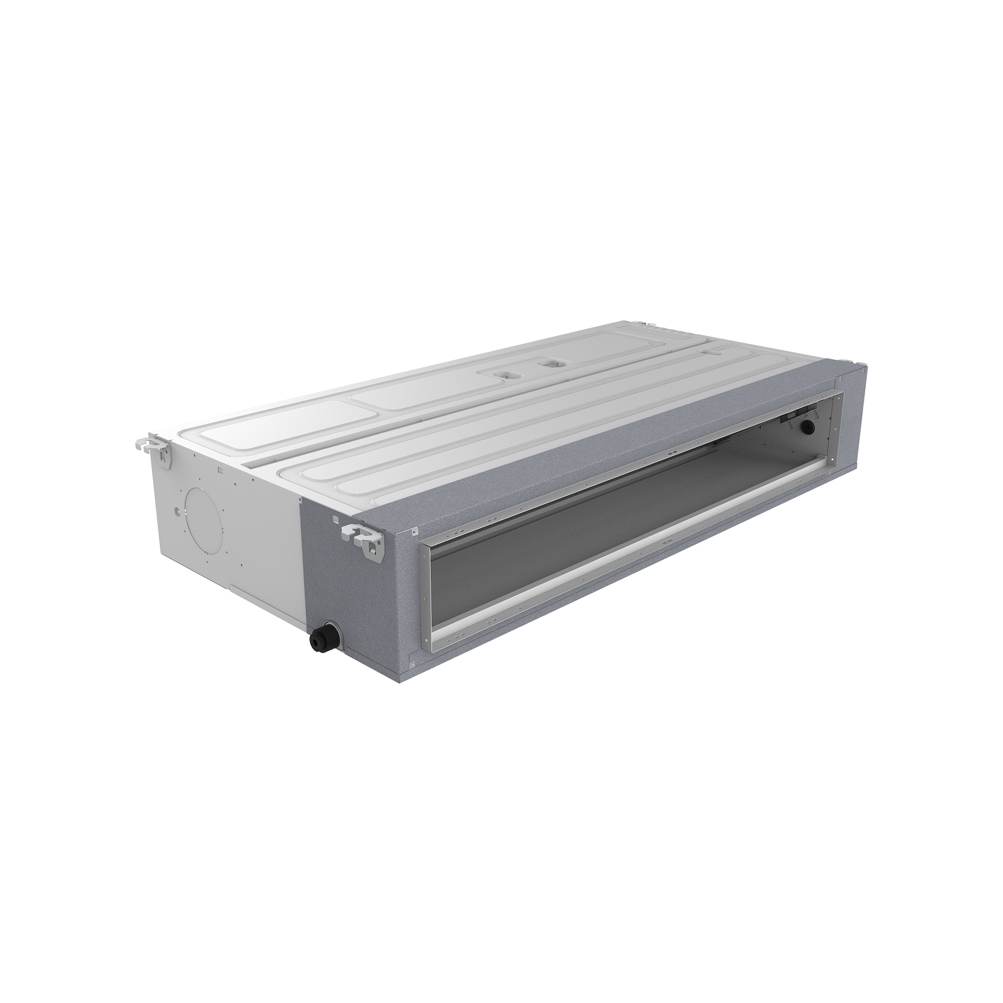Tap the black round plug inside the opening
(x=808, y=427)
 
